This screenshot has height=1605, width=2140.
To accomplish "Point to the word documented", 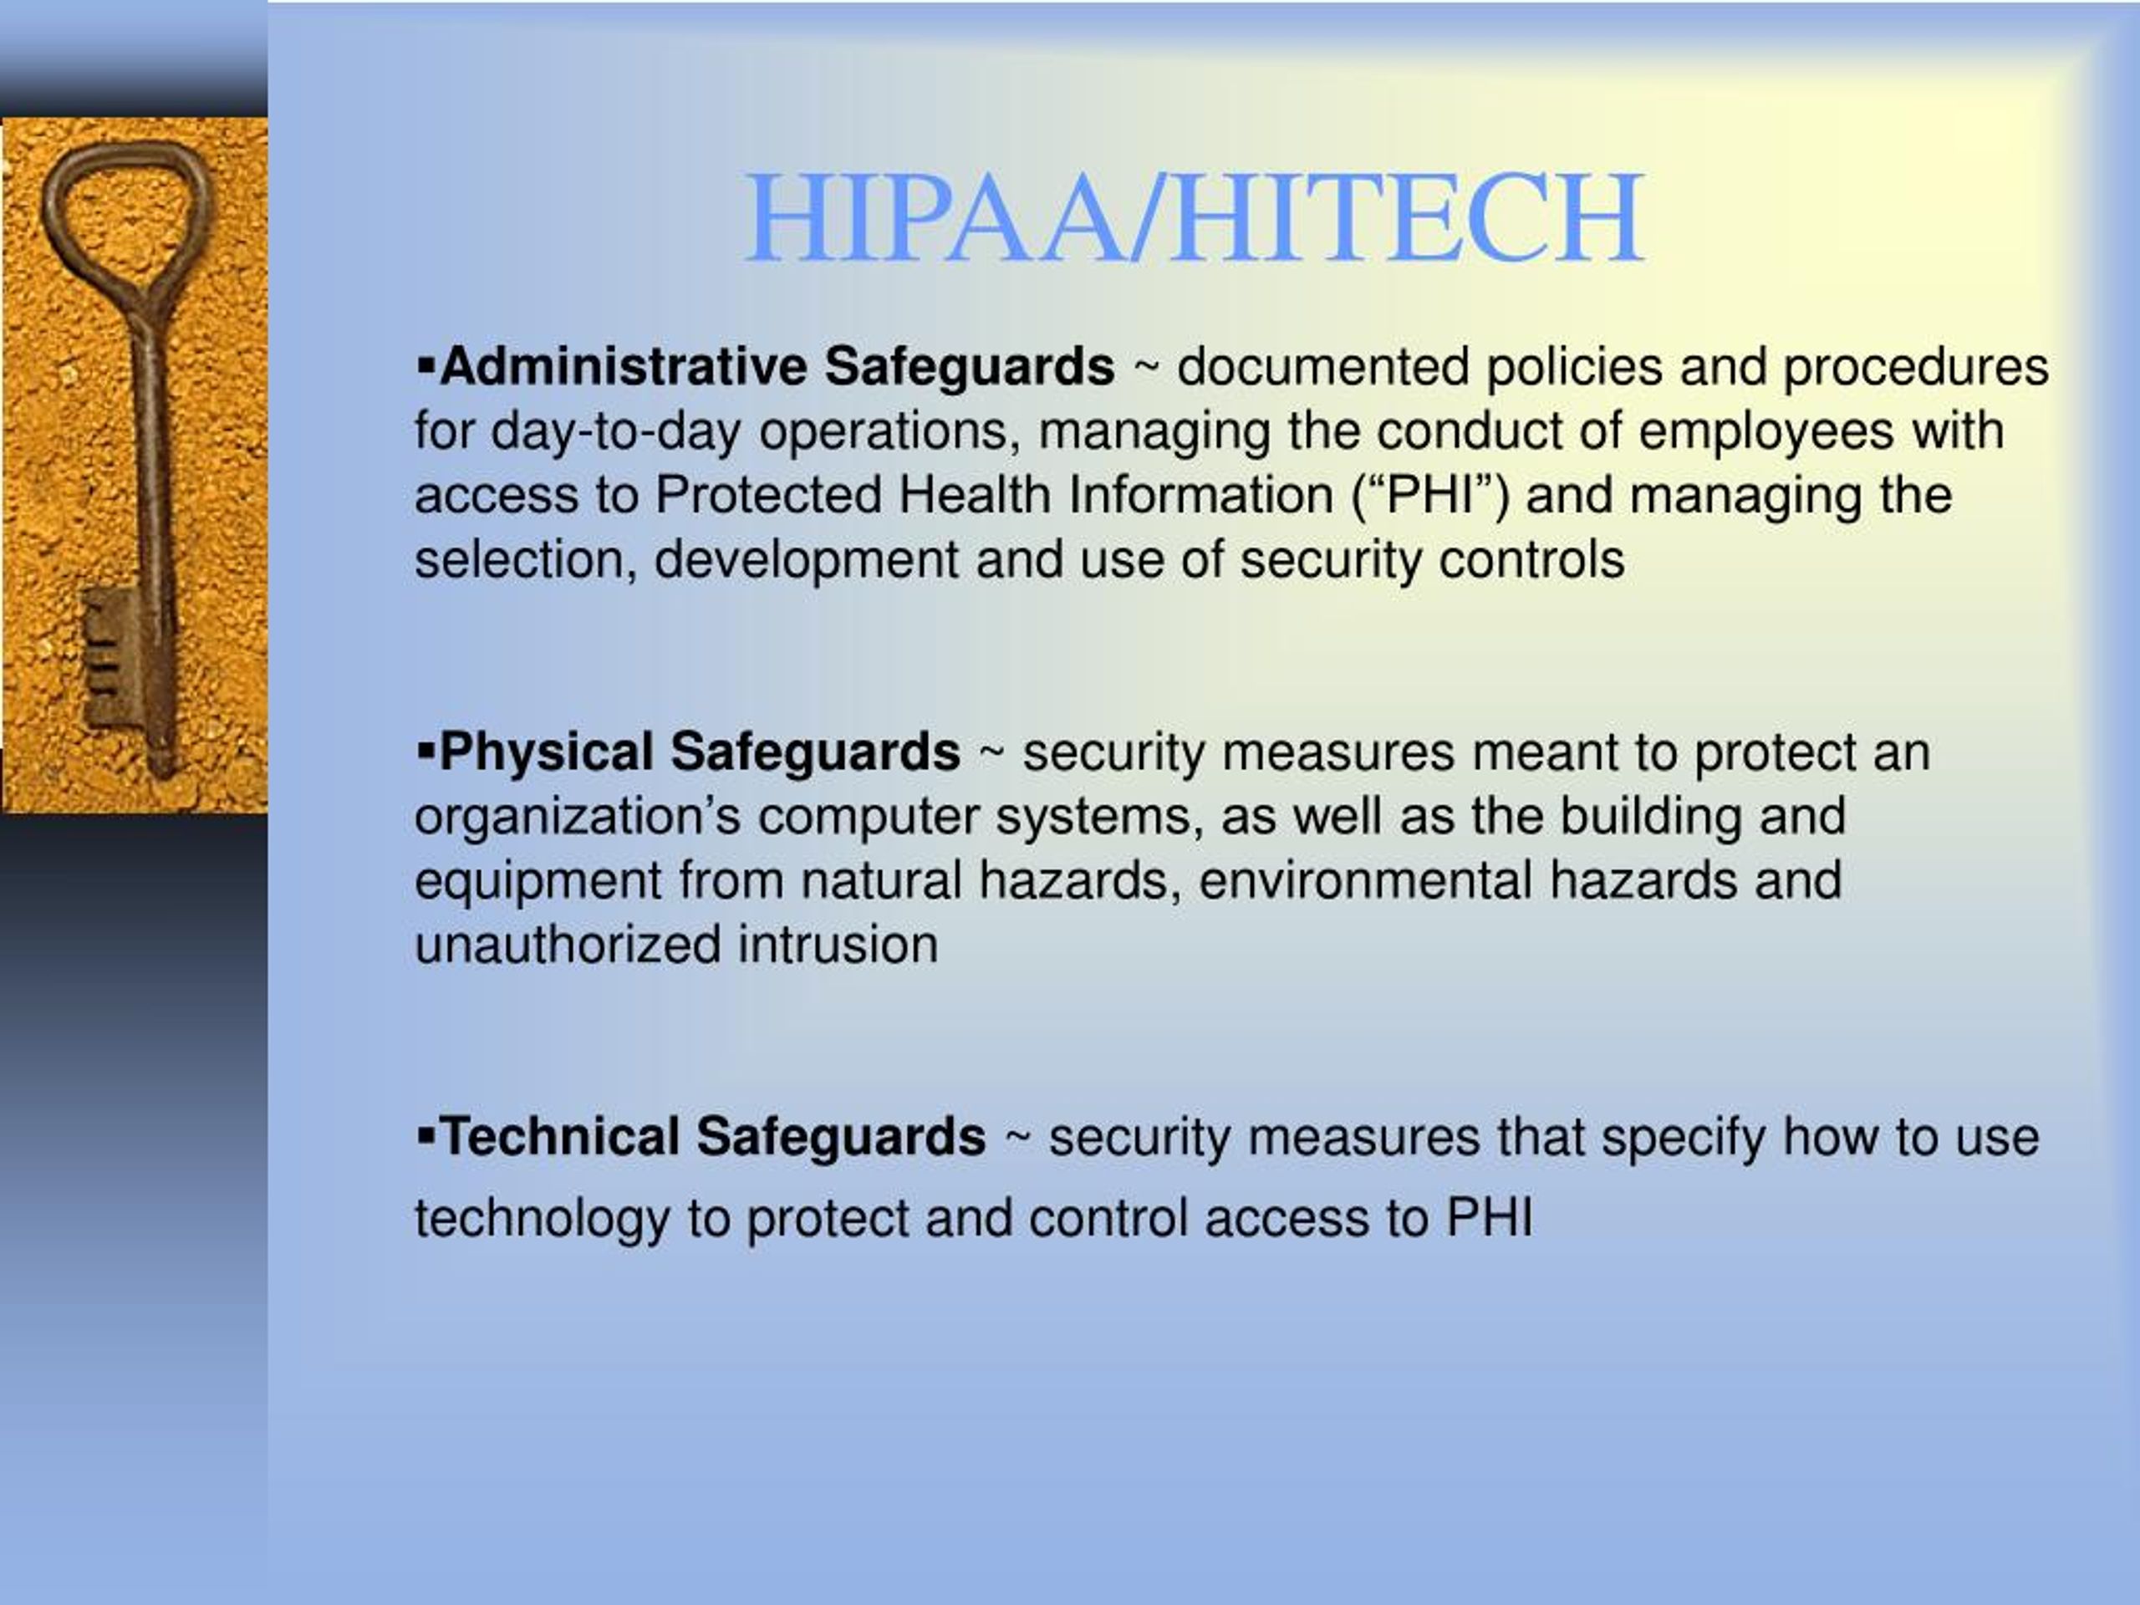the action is coord(1323,368).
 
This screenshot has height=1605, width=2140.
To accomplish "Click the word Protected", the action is coord(768,496).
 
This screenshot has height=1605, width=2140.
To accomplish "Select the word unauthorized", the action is coord(568,945).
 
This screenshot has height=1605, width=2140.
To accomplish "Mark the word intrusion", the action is coord(838,945).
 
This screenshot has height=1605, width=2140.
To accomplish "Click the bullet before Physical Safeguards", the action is coord(425,751).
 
